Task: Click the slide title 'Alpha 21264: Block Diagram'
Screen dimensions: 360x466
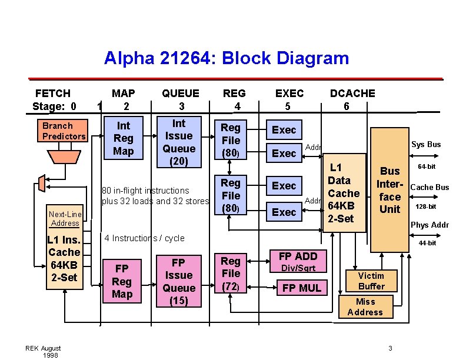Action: pos(227,58)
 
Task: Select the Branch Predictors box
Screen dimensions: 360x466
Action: pos(64,131)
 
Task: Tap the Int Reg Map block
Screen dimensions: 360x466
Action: pos(123,138)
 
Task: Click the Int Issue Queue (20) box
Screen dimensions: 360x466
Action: pos(179,142)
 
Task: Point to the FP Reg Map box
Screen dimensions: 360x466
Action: pos(122,281)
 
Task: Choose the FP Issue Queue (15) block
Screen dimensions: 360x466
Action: pos(179,282)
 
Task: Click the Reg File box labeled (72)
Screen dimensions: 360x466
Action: pos(231,274)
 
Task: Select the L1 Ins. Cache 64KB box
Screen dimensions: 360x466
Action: pos(64,259)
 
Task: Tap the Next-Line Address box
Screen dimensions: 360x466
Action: pos(65,219)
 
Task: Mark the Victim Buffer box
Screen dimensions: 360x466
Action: pos(371,281)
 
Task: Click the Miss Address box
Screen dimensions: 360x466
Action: pos(365,306)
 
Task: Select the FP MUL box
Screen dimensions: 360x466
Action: pos(301,288)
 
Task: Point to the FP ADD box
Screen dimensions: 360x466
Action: pos(298,256)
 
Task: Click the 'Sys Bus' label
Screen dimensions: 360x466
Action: pos(425,145)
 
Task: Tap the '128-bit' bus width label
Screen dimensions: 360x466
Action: pos(425,206)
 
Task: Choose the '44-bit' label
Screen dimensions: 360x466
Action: pos(427,243)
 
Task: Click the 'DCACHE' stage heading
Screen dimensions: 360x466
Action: pos(352,93)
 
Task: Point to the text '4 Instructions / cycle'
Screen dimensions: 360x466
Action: pos(144,238)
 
